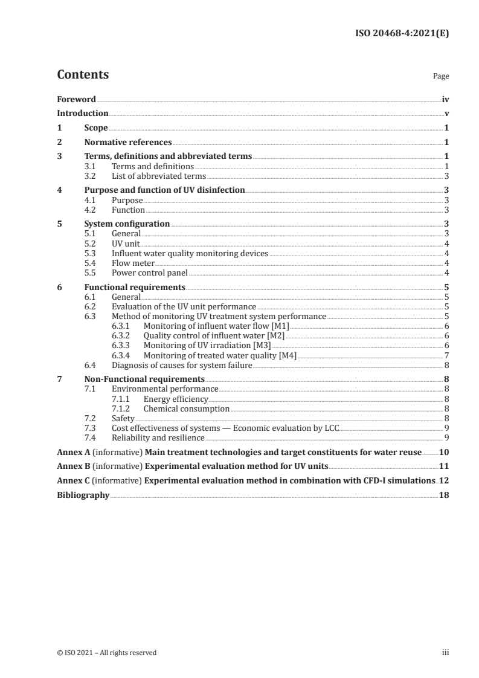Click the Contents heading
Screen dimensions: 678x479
tap(83, 75)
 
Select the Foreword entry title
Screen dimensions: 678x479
tap(76, 99)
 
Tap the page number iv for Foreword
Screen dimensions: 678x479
tap(445, 99)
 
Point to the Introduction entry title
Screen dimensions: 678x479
tap(82, 114)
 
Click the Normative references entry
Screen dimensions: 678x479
tap(128, 143)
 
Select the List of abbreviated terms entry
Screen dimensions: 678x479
tap(159, 176)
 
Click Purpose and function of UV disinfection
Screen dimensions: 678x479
tap(164, 190)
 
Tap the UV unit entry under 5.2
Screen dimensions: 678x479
tap(126, 244)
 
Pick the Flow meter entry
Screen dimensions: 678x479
tap(133, 263)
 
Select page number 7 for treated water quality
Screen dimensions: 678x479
tap(446, 355)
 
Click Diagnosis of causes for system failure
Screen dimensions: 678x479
tap(182, 365)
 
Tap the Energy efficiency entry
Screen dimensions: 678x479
tap(176, 399)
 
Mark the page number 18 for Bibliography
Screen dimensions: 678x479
tap(444, 495)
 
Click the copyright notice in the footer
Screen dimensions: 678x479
tap(106, 652)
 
